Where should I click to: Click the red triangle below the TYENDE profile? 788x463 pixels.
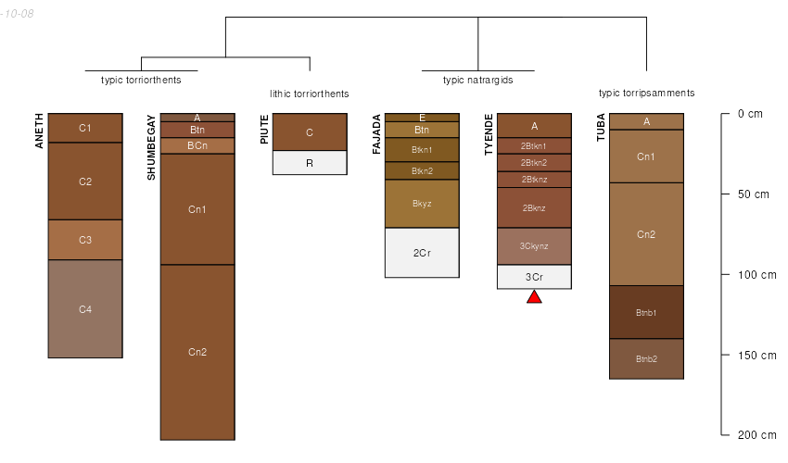coord(534,296)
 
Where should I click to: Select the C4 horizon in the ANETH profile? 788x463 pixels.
coord(85,308)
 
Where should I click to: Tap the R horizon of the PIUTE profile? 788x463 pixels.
coord(310,162)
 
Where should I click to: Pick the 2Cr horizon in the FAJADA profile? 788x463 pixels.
coord(422,252)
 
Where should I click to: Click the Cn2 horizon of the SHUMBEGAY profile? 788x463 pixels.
coord(197,352)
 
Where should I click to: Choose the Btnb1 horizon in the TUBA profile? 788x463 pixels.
coord(646,312)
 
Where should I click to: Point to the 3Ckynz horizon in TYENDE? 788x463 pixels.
coord(534,245)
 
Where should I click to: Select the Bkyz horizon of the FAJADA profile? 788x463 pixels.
coord(422,203)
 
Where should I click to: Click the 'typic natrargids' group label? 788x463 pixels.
coord(477,80)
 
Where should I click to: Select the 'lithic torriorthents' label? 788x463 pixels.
coord(310,94)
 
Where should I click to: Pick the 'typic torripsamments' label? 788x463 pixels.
coord(646,93)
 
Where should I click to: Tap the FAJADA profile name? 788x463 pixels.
coord(376,134)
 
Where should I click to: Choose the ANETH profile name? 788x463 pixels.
coord(40,131)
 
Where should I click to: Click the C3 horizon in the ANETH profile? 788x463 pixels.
coord(85,240)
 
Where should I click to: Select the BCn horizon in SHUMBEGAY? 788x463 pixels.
coord(197,145)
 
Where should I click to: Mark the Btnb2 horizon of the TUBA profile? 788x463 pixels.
coord(646,358)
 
